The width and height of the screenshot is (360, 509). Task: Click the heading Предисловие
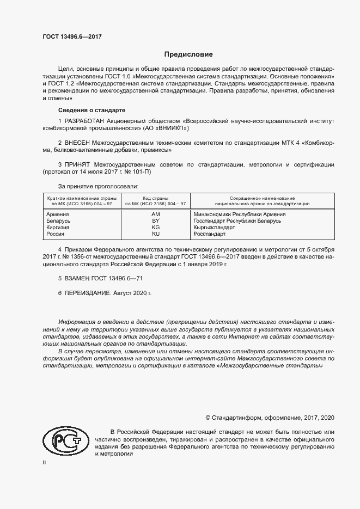[188, 54]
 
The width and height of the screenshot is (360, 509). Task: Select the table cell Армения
[58, 214]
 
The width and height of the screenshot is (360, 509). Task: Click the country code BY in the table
[155, 221]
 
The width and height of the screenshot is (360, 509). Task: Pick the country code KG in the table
[155, 228]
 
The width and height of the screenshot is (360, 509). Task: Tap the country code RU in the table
[155, 234]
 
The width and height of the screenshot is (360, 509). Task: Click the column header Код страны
[155, 198]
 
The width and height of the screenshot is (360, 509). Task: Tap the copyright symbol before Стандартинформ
[208, 418]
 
